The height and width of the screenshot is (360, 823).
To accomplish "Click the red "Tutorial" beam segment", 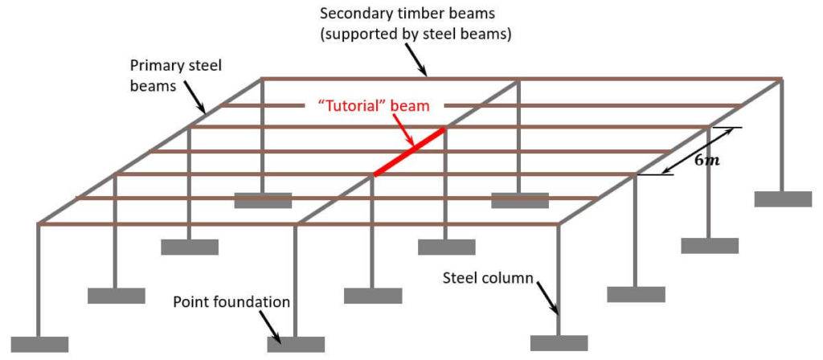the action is tap(409, 151).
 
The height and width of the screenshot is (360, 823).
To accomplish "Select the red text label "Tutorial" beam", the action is tap(374, 105).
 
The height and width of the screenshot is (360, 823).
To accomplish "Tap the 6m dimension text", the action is tap(704, 161).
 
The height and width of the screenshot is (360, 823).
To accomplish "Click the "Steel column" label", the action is tap(488, 277).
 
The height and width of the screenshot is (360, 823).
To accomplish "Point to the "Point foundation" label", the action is tap(231, 302).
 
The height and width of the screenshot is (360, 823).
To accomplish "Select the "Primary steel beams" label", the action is tap(176, 76).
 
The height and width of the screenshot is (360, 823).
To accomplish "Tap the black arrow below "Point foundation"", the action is tap(271, 325).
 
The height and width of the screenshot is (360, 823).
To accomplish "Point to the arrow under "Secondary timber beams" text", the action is tap(417, 60).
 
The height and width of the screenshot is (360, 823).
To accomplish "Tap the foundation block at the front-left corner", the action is tap(40, 344).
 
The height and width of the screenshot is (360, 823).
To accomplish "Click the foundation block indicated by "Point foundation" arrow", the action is tap(296, 344).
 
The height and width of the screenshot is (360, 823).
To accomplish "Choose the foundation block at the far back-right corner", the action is tap(783, 199).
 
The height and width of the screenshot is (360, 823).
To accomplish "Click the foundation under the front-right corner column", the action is tap(559, 343).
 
